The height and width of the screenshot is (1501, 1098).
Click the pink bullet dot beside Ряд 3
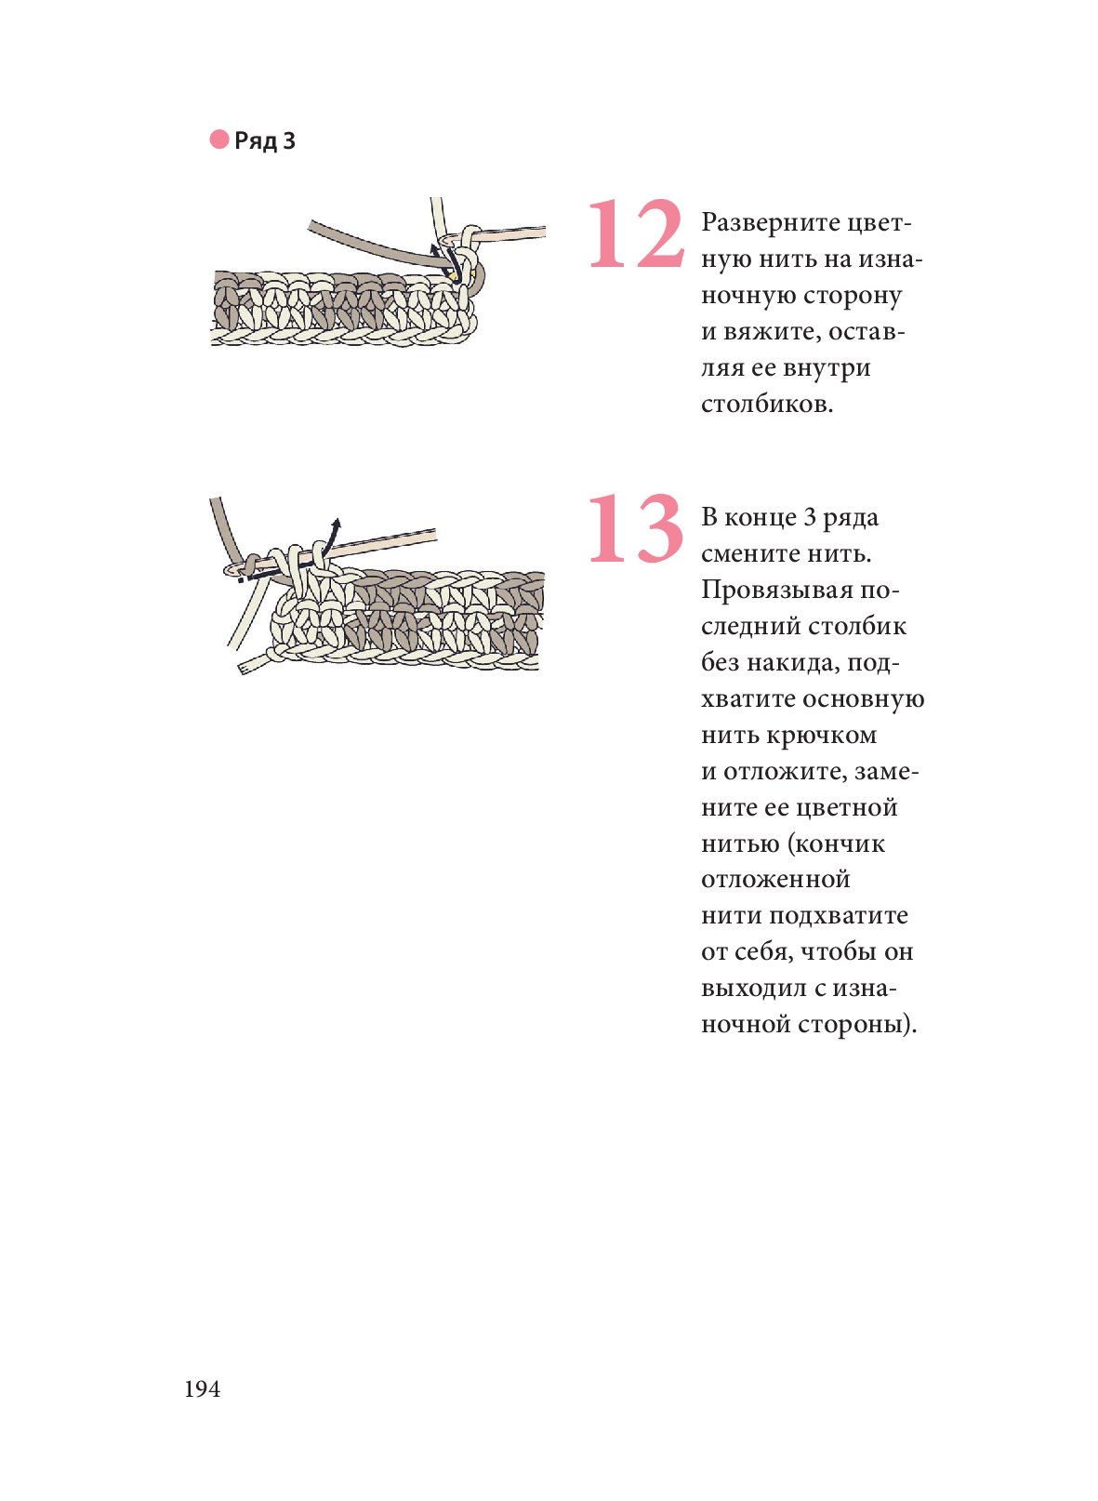(x=219, y=139)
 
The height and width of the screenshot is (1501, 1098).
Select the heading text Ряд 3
(x=265, y=140)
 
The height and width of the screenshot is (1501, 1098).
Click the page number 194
(x=203, y=1389)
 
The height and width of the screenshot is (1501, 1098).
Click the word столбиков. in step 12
(x=767, y=404)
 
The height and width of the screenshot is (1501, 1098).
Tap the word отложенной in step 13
(x=775, y=879)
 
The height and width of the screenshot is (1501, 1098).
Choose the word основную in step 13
(x=864, y=699)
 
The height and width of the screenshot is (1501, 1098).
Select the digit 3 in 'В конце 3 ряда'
(x=810, y=518)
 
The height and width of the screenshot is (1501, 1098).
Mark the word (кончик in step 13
(x=838, y=843)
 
